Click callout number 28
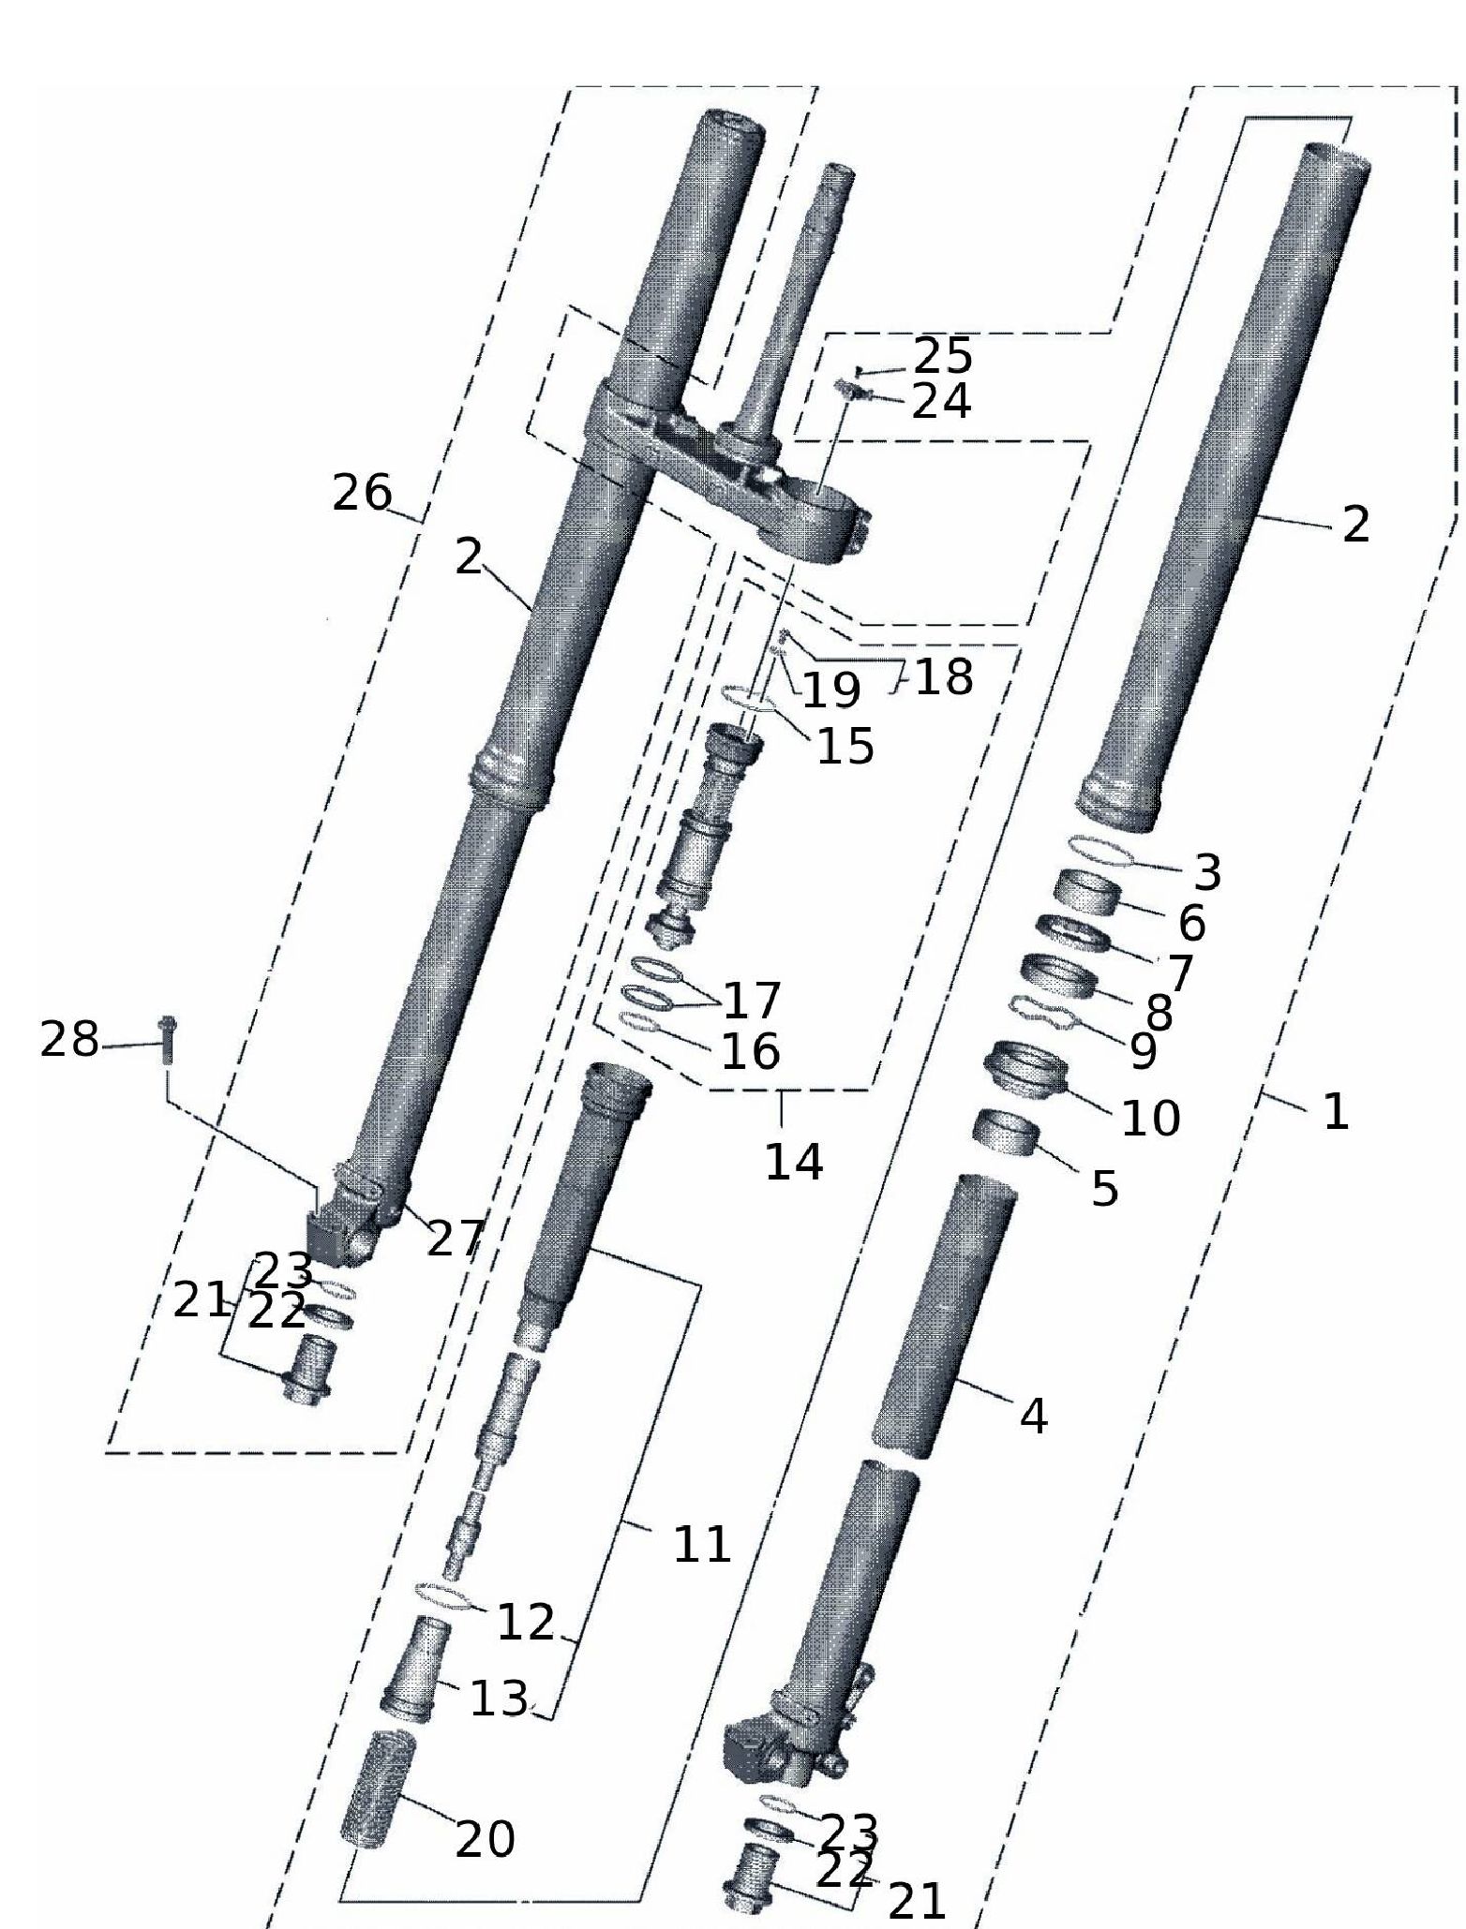(x=68, y=1040)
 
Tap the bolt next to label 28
(x=168, y=1039)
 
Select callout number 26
(x=362, y=493)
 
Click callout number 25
(x=943, y=356)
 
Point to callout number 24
(x=941, y=401)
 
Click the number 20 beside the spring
(x=485, y=1838)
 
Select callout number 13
(x=499, y=1698)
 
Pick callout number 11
(x=702, y=1544)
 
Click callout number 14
(x=794, y=1162)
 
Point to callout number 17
(x=752, y=1001)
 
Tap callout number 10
(x=1150, y=1117)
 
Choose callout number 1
(x=1335, y=1112)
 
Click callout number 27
(x=456, y=1239)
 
